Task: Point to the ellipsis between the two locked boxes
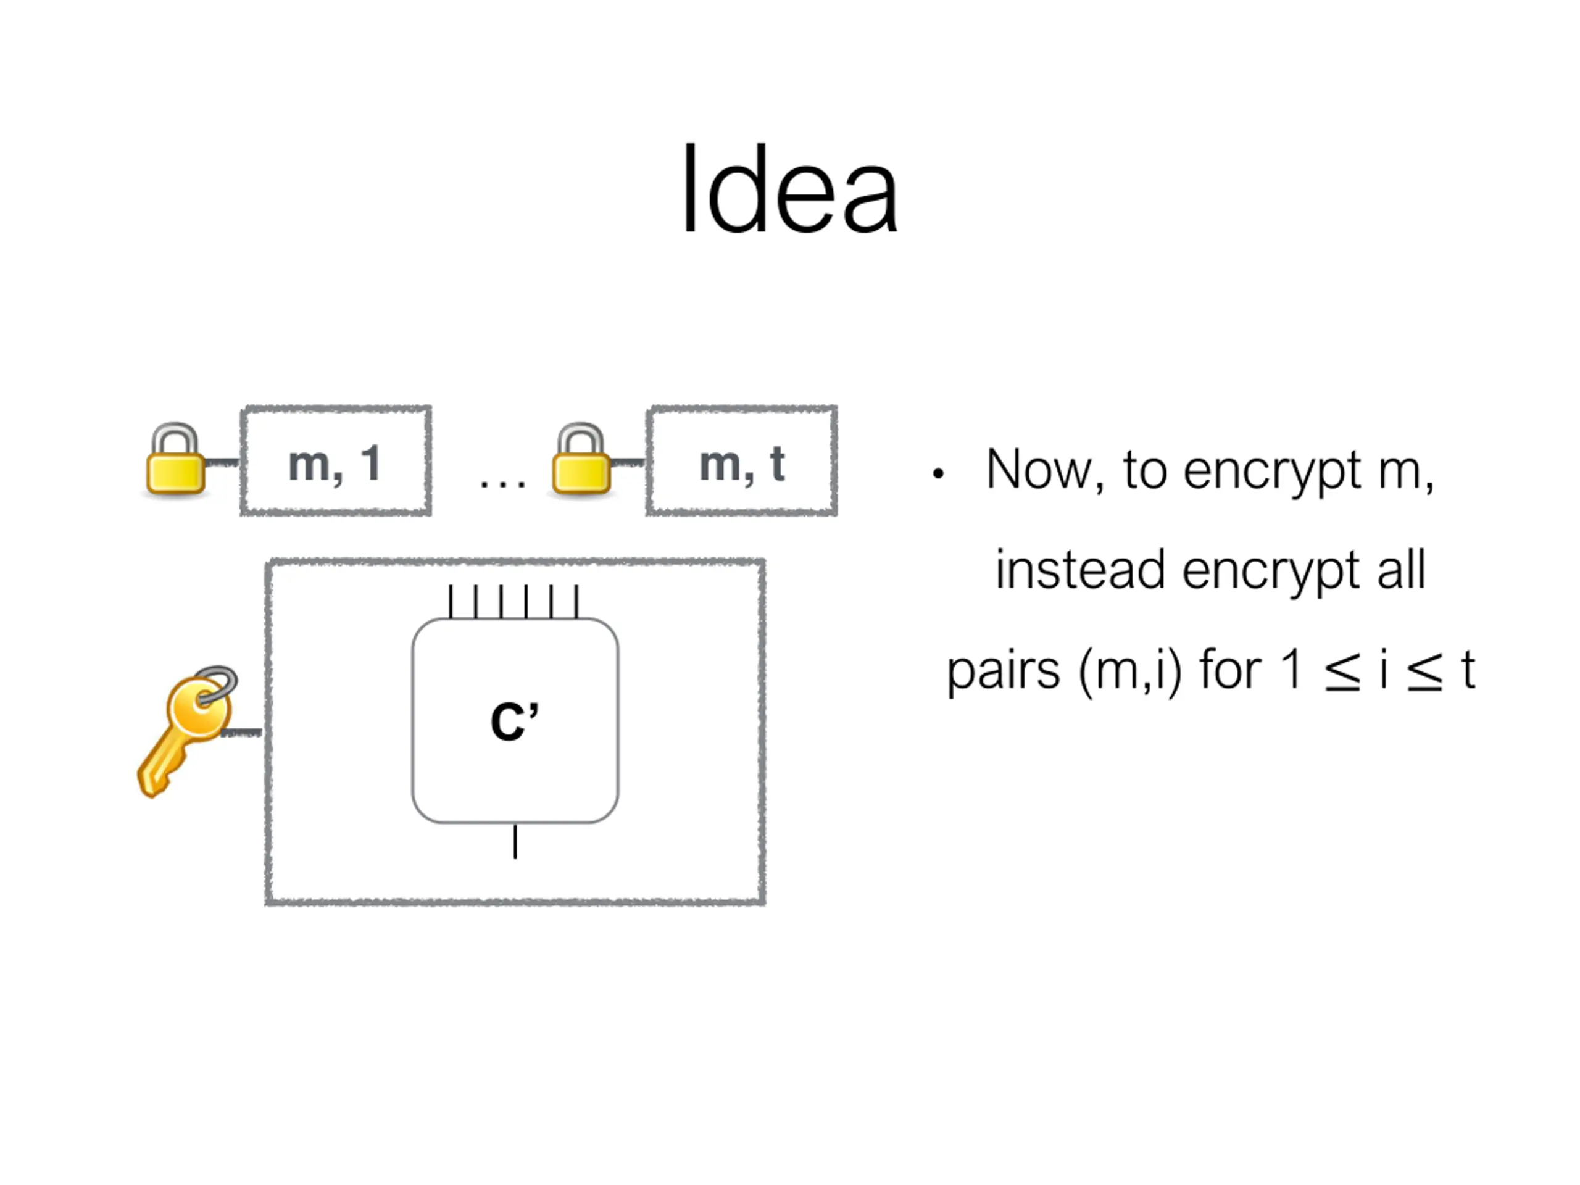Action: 503,484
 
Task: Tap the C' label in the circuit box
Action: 514,721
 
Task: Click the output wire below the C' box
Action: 515,841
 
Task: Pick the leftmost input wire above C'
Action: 450,601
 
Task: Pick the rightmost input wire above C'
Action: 576,601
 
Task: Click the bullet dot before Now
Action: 939,473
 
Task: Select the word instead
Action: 1080,570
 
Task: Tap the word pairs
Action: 1004,671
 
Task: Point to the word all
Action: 1401,570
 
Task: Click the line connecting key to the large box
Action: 241,732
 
